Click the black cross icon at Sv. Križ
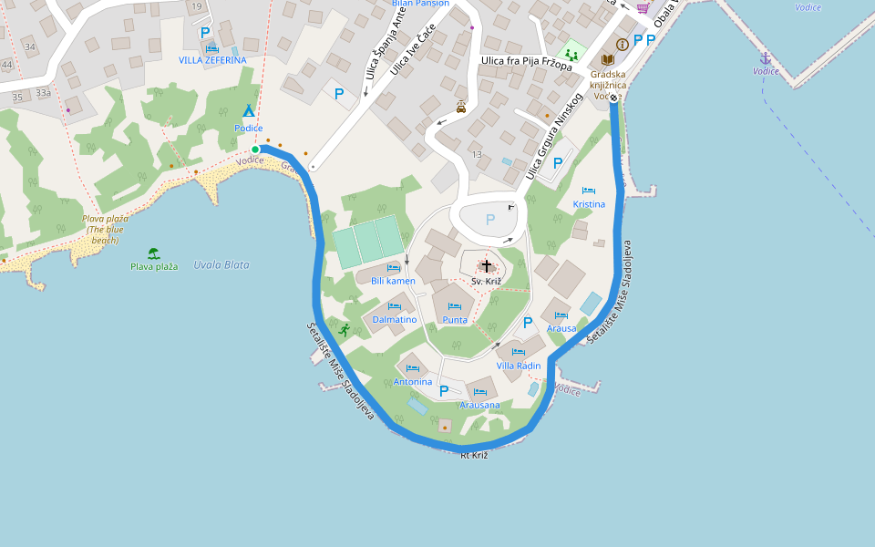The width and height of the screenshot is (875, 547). [487, 266]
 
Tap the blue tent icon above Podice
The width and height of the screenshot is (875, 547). [248, 110]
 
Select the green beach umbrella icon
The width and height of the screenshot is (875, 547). [153, 253]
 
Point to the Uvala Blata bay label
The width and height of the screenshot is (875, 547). [221, 265]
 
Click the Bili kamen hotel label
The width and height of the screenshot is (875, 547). [393, 281]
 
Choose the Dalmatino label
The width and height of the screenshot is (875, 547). [395, 320]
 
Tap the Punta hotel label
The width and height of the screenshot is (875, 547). [455, 320]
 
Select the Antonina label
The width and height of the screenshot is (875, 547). [412, 382]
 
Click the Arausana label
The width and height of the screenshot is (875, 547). [479, 405]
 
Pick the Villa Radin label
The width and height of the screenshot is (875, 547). [518, 366]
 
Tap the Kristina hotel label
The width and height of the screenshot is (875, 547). [589, 204]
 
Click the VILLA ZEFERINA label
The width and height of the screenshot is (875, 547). [211, 60]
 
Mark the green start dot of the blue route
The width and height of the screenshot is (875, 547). [255, 149]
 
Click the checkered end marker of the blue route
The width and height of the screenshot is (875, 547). [613, 98]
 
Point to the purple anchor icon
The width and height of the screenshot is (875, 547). [766, 57]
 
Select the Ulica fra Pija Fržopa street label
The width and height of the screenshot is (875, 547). [526, 63]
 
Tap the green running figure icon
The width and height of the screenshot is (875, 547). [344, 329]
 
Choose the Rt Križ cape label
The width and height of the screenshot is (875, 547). [474, 455]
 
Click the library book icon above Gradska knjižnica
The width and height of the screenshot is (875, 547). [607, 59]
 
